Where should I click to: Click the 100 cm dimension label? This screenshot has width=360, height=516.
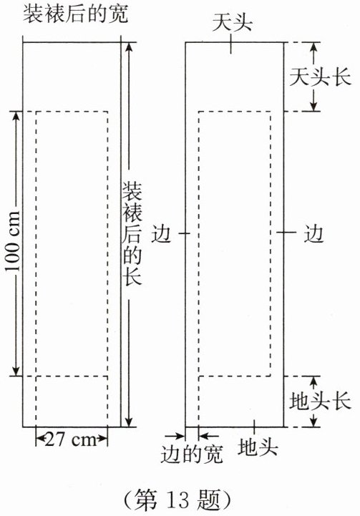(x=12, y=241)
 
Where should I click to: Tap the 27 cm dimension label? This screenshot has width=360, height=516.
(x=71, y=439)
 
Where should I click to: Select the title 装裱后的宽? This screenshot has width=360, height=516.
(x=75, y=14)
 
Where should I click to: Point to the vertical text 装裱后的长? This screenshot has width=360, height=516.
(x=132, y=233)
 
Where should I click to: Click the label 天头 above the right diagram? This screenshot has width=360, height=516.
(x=232, y=23)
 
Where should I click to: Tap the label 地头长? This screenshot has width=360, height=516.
(x=320, y=401)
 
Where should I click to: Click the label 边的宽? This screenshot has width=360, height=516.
(x=192, y=454)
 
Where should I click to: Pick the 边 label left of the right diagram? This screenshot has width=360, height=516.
(x=161, y=233)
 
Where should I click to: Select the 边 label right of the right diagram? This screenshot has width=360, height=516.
(x=313, y=233)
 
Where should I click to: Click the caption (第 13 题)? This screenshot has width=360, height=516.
(x=177, y=500)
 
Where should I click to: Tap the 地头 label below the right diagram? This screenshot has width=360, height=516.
(x=258, y=447)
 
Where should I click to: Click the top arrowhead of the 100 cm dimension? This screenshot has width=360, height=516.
(x=16, y=116)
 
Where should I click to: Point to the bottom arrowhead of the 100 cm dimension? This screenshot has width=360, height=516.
(x=16, y=371)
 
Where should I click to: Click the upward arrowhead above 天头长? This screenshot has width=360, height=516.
(x=313, y=47)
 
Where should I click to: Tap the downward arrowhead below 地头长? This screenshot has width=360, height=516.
(x=313, y=422)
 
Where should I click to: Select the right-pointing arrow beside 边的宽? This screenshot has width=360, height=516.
(x=175, y=436)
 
